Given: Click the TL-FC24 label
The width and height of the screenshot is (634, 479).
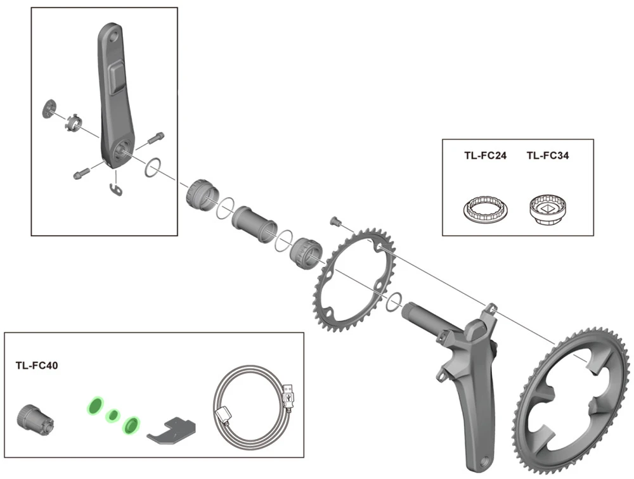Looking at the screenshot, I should [x=485, y=156].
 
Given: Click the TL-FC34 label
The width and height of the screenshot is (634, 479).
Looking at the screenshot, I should [x=547, y=156].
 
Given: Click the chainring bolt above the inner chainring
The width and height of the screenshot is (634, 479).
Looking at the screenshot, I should [x=336, y=221].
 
